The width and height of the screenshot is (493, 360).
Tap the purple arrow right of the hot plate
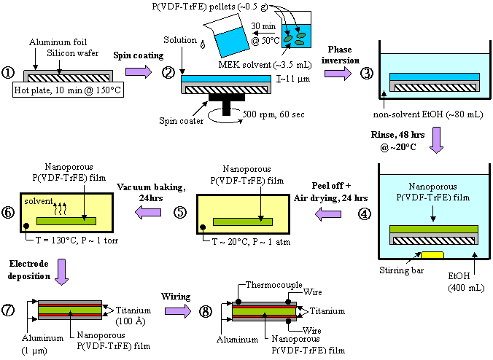click(x=138, y=71)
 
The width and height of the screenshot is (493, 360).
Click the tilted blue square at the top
click(x=232, y=42)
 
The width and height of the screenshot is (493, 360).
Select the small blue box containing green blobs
click(x=296, y=36)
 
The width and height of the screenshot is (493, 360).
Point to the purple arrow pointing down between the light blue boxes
click(x=436, y=139)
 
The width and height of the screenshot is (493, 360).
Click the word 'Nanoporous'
click(x=434, y=187)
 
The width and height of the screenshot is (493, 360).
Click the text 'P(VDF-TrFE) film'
click(x=434, y=197)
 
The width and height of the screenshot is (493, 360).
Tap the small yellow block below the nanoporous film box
click(x=432, y=254)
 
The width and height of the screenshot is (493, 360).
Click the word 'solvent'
click(x=38, y=200)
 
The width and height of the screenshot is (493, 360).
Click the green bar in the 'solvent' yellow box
click(x=66, y=221)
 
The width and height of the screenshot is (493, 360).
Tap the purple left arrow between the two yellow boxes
click(x=148, y=212)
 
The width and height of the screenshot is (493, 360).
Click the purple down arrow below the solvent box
click(x=61, y=271)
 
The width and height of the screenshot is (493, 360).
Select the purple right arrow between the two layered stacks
click(x=177, y=311)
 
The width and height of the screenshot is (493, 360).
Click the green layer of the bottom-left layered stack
click(x=69, y=310)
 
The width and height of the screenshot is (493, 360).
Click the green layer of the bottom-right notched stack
click(x=264, y=310)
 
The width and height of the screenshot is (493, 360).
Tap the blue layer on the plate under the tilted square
click(x=226, y=79)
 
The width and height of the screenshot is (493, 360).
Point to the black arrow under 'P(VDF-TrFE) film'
click(x=434, y=214)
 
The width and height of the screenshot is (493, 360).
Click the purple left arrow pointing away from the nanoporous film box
click(x=328, y=214)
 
